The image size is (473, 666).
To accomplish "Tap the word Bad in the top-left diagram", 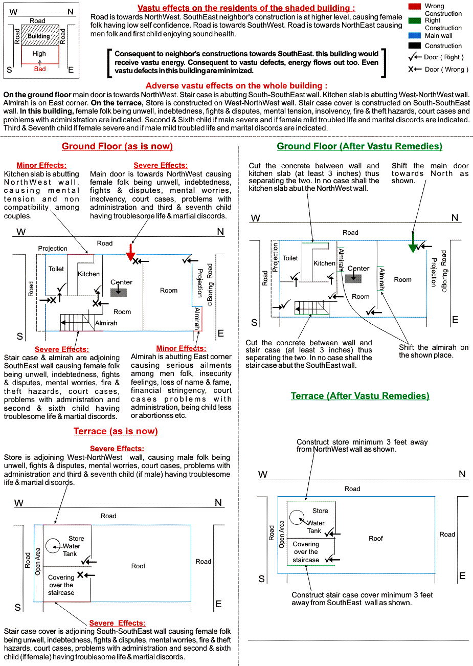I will [40, 69].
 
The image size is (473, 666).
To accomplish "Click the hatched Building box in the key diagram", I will [39, 36].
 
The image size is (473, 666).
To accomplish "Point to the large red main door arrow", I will [130, 251].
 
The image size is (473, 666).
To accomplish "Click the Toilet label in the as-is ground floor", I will [56, 269].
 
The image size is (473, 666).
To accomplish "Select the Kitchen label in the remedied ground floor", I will [324, 263].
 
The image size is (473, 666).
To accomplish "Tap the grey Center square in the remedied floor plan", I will [353, 278].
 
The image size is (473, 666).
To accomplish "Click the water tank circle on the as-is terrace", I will [53, 546].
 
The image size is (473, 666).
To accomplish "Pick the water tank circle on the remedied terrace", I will [297, 517].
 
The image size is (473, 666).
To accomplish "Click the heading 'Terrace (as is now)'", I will [116, 431].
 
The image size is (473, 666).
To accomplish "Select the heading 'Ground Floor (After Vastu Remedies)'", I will [359, 146].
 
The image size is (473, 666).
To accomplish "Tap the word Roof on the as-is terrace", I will [138, 566].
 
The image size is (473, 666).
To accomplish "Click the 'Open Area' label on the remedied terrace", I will [282, 535].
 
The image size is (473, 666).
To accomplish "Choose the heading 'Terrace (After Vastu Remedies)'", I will [360, 396].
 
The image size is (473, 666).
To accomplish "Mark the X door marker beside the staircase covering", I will [80, 575].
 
